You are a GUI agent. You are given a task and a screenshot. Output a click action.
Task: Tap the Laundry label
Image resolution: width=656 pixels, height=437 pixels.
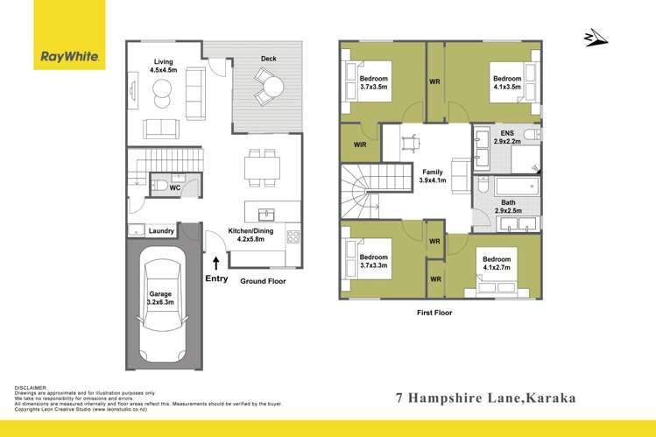pyautogui.click(x=161, y=231)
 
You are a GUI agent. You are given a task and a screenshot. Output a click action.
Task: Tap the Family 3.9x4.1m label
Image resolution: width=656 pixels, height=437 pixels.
pyautogui.click(x=433, y=176)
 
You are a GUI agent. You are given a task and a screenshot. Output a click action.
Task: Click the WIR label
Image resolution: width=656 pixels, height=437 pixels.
pyautogui.click(x=359, y=143)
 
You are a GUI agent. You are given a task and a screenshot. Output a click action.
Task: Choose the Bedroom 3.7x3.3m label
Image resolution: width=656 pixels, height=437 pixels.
pyautogui.click(x=373, y=261)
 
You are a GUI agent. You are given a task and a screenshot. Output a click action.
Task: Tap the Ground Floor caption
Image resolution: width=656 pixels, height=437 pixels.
pyautogui.click(x=264, y=280)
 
